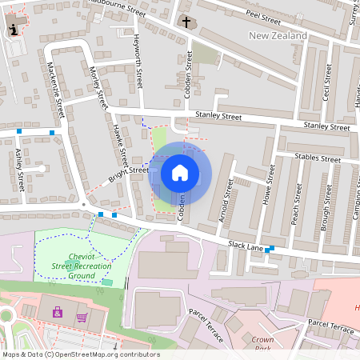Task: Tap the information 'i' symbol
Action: (13, 30)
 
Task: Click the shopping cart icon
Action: (82, 316)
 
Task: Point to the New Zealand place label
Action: (278, 36)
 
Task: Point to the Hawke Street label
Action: (121, 145)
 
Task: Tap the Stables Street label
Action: (317, 158)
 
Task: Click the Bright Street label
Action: (129, 172)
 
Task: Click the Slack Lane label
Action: (246, 246)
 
